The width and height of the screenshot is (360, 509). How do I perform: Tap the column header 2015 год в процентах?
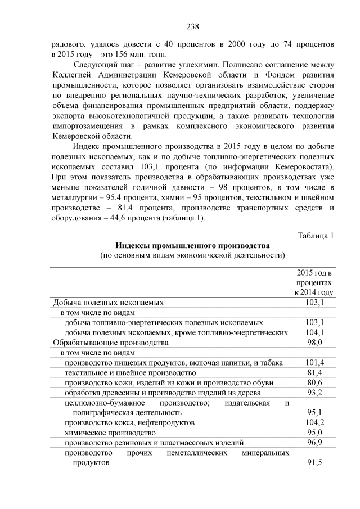point(314,282)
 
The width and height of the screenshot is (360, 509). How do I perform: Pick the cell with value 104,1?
point(314,332)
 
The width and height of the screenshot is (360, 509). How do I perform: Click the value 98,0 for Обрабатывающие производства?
point(314,343)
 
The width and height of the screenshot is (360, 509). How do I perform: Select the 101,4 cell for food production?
point(314,363)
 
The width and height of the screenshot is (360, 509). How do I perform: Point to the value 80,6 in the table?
point(314,383)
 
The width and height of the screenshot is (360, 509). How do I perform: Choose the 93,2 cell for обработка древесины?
point(314,393)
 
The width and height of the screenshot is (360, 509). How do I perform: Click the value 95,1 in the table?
point(314,412)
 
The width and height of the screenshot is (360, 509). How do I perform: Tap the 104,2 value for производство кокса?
point(314,422)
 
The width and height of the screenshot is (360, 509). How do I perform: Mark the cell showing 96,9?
point(314,443)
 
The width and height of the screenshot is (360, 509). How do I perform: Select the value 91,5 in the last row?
point(314,462)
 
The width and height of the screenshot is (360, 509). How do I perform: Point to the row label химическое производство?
point(110,433)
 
